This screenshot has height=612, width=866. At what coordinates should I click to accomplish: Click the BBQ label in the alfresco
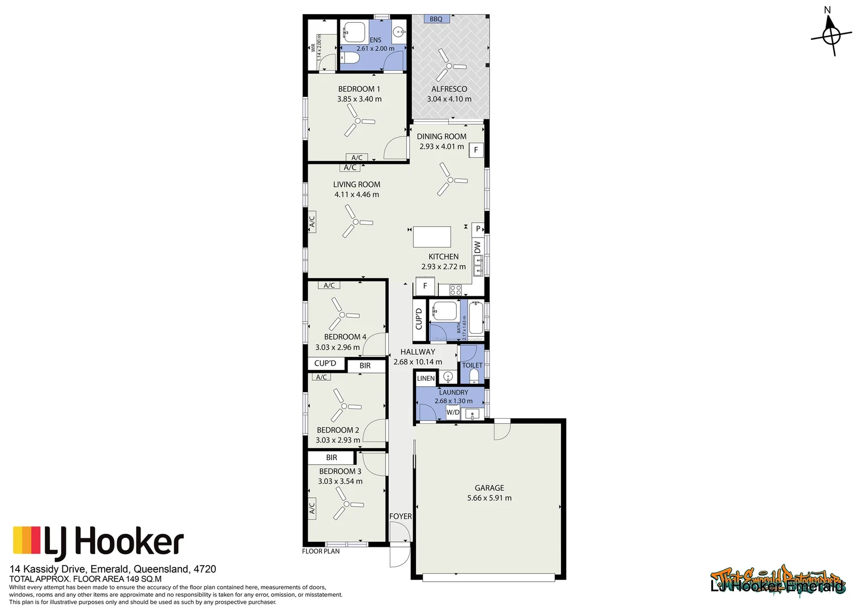coord(436,19)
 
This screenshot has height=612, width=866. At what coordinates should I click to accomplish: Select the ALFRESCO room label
coord(449,89)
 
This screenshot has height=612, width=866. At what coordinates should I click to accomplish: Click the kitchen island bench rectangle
coord(432,237)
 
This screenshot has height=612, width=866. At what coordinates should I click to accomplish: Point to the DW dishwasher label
coord(477,248)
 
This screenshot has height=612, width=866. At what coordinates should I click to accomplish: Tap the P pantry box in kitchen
coord(478,229)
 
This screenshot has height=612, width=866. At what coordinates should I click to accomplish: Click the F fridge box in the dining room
coord(476,150)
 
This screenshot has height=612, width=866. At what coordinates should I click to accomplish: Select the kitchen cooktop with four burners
coord(456,290)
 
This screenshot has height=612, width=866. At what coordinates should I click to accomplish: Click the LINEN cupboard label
coord(426,378)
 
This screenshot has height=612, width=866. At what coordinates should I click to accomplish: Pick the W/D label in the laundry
coord(453,412)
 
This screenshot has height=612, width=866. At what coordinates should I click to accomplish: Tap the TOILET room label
coord(472,365)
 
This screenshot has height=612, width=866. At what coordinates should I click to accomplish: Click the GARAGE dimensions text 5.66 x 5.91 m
coord(489,498)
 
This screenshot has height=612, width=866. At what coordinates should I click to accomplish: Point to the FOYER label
coord(400,516)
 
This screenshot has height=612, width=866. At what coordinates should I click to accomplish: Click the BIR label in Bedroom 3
coord(332,457)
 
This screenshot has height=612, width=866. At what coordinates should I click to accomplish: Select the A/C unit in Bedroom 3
coord(312,508)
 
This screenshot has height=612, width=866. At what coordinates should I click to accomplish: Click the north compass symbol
coord(831,35)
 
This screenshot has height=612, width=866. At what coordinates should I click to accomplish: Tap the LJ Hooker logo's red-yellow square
coord(27,540)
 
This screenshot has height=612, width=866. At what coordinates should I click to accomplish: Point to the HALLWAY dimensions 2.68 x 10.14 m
coord(418,362)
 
